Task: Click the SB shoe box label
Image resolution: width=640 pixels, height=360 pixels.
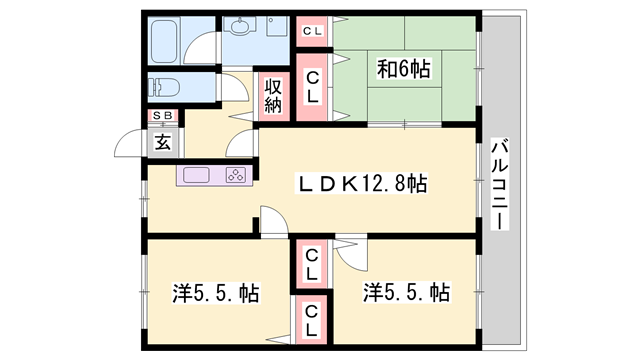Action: tap(163, 116)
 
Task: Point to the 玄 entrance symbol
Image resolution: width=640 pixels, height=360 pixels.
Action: tap(163, 141)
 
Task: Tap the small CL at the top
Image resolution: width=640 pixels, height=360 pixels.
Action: tap(312, 31)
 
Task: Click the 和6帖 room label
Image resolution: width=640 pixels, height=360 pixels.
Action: tap(403, 69)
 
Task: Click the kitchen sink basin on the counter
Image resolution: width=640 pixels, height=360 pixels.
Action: tap(195, 176)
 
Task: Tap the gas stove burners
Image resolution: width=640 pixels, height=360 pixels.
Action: tap(236, 176)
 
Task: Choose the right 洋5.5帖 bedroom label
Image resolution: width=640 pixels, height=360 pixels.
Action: tap(406, 293)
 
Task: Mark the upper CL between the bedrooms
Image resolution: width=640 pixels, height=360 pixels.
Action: tap(312, 263)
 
